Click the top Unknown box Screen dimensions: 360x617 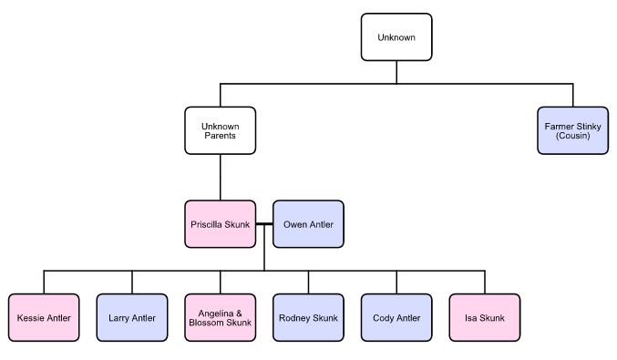click(x=396, y=37)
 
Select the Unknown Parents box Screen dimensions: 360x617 click(x=220, y=130)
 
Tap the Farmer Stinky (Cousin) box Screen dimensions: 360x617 click(x=573, y=130)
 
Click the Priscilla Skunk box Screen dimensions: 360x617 click(x=220, y=224)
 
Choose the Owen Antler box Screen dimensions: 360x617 click(x=308, y=224)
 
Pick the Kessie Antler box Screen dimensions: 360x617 click(x=43, y=317)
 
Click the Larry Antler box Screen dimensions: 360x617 click(x=131, y=317)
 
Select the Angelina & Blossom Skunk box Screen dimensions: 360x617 click(x=220, y=317)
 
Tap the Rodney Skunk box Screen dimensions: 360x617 click(x=308, y=317)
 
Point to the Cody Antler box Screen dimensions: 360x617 click(x=396, y=317)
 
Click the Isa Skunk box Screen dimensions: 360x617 click(x=485, y=317)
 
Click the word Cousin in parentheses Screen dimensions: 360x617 click(x=573, y=136)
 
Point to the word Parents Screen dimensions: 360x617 click(x=220, y=136)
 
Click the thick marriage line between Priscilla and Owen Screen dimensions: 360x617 click(x=264, y=224)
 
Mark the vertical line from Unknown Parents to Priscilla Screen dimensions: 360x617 click(x=220, y=177)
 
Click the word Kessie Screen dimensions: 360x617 click(x=30, y=317)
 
